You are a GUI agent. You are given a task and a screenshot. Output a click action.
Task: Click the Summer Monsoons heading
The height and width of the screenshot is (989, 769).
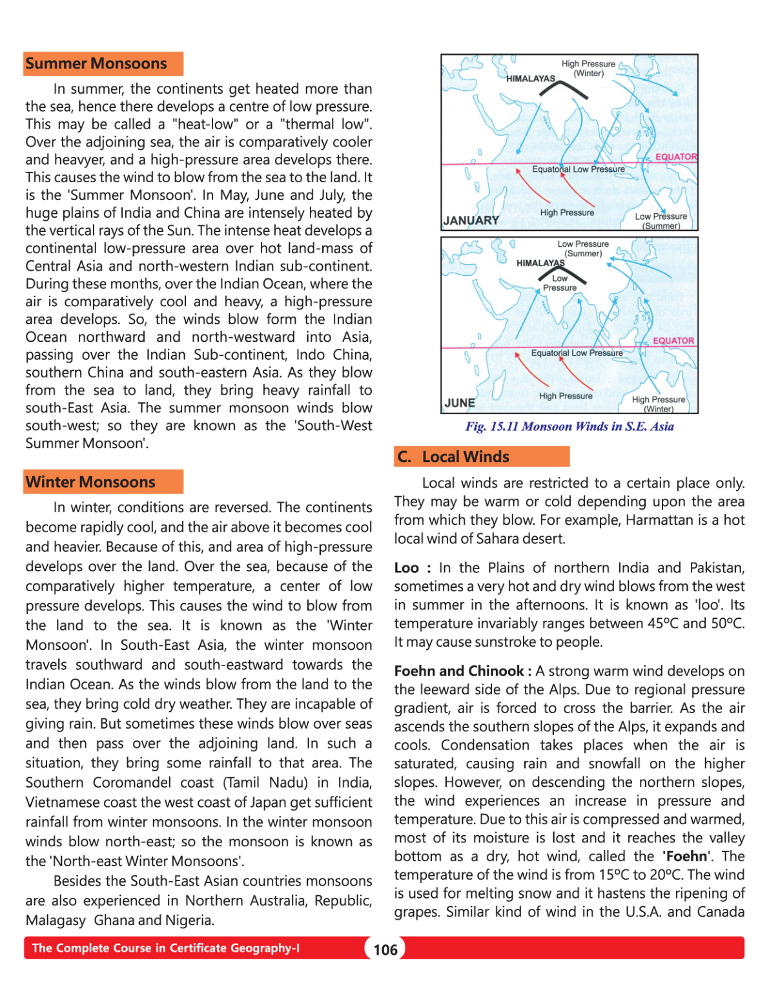(x=96, y=64)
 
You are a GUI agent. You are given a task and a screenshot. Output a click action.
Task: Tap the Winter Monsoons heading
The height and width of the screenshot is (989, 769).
(x=90, y=482)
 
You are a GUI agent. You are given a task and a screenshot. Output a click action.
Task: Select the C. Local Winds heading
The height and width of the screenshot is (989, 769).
(x=453, y=457)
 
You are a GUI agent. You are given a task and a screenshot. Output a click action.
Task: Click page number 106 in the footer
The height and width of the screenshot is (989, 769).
(x=385, y=950)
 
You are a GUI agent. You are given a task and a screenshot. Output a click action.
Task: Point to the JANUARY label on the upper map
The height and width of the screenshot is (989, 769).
(x=471, y=220)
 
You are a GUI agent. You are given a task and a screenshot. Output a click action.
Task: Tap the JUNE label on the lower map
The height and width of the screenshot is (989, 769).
(x=460, y=403)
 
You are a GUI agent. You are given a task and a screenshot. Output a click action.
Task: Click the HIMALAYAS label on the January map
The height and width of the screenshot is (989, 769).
(x=531, y=79)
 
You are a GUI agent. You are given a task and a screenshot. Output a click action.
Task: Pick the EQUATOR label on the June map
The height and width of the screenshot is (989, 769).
(x=673, y=340)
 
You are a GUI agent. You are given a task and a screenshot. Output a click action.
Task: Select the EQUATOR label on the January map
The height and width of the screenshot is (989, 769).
(x=676, y=156)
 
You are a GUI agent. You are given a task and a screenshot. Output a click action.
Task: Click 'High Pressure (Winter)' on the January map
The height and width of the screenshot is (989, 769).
(x=588, y=68)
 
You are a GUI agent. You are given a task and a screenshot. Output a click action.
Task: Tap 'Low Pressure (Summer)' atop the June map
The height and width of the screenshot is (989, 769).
(x=583, y=249)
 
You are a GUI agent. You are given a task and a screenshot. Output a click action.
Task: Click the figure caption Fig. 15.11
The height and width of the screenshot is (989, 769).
(x=569, y=426)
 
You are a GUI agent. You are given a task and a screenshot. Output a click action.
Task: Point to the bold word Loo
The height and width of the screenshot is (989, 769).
(x=407, y=568)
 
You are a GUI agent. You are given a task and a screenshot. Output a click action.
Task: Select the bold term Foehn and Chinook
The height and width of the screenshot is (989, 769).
(x=459, y=671)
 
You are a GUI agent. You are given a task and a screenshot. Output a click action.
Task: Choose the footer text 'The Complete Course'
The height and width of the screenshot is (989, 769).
(x=165, y=948)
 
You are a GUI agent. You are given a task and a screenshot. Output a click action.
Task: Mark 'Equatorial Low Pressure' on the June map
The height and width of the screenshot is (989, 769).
(x=577, y=353)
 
